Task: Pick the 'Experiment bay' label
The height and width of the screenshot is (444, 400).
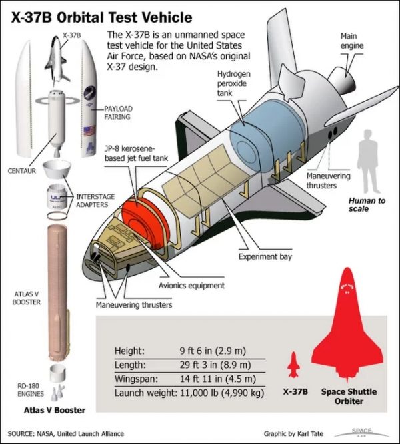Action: tap(261, 256)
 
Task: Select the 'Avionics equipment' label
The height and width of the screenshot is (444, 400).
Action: tap(193, 286)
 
